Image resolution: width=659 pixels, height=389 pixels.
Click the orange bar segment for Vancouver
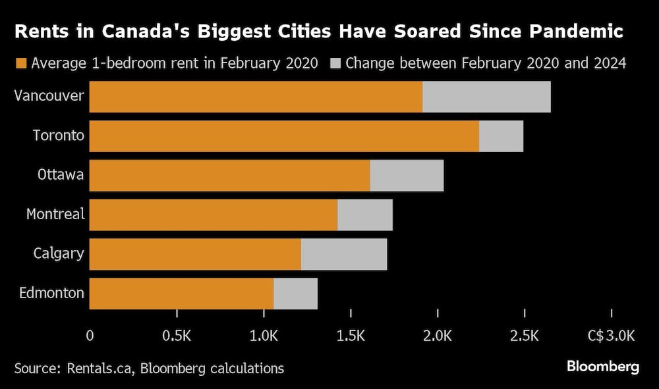[256, 97]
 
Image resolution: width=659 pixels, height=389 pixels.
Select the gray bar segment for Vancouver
[486, 97]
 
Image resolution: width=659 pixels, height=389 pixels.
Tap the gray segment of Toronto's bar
[501, 136]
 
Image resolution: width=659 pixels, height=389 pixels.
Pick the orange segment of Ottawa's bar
[229, 176]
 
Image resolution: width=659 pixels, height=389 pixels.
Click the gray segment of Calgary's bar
[343, 254]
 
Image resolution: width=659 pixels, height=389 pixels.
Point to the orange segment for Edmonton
[181, 294]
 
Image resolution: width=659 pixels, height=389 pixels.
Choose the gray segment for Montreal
[364, 215]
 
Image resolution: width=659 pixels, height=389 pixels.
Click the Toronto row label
[59, 136]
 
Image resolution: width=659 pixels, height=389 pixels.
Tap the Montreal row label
[55, 214]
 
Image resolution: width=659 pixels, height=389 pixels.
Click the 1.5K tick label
[351, 336]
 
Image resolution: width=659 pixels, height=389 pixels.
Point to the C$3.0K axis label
[611, 336]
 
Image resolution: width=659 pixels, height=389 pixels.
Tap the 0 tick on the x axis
[90, 336]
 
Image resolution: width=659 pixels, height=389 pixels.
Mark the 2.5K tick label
[524, 336]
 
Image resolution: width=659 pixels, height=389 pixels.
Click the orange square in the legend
[20, 64]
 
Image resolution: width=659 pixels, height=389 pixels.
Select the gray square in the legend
[335, 64]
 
